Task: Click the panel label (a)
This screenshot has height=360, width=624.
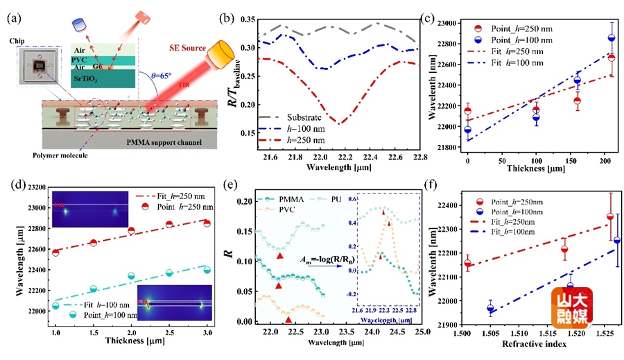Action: click(x=14, y=18)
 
